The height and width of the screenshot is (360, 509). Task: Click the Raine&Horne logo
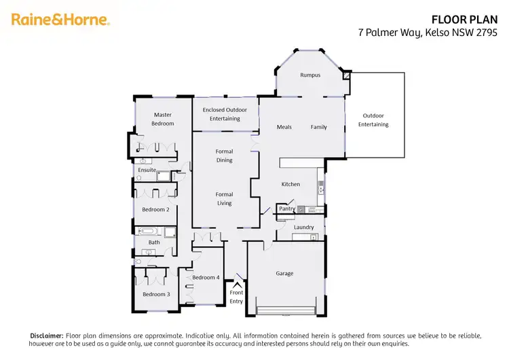pyautogui.click(x=60, y=20)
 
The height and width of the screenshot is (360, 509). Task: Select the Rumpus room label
pyautogui.click(x=310, y=75)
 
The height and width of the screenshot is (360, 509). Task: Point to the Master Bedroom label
pyautogui.click(x=163, y=119)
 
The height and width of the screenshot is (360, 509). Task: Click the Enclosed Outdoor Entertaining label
pyautogui.click(x=225, y=114)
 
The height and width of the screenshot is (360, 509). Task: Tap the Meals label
pyautogui.click(x=284, y=127)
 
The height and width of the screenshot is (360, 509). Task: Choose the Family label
pyautogui.click(x=319, y=127)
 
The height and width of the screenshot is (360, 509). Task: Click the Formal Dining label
pyautogui.click(x=225, y=156)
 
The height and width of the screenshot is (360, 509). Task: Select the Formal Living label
pyautogui.click(x=225, y=198)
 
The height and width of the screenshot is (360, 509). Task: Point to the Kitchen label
pyautogui.click(x=290, y=184)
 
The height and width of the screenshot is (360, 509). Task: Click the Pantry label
pyautogui.click(x=287, y=209)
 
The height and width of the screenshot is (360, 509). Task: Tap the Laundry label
pyautogui.click(x=303, y=227)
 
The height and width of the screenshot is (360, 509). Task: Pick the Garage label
pyautogui.click(x=284, y=273)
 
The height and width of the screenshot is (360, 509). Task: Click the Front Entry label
pyautogui.click(x=236, y=296)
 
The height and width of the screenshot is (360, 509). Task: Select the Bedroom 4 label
pyautogui.click(x=205, y=277)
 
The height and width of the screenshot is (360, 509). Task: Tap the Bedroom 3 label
pyautogui.click(x=155, y=294)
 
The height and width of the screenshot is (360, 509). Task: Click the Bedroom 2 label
pyautogui.click(x=154, y=209)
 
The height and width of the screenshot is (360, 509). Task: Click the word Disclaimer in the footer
pyautogui.click(x=46, y=336)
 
